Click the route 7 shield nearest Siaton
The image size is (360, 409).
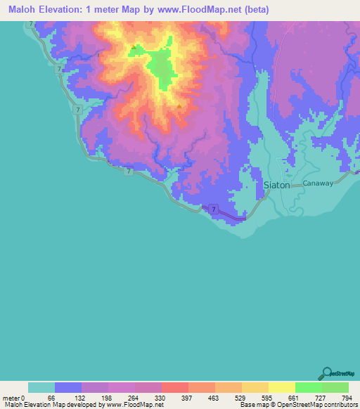coord(212,209)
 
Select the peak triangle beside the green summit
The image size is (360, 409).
coord(133,48)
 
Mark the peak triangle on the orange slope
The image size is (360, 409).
coord(179,108)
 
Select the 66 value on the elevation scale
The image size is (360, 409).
coord(51,398)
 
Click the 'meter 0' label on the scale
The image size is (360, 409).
coord(13,398)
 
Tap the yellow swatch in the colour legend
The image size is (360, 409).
coord(281,387)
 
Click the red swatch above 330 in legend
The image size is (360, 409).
coord(174,387)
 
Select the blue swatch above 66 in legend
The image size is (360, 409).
coord(67,387)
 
